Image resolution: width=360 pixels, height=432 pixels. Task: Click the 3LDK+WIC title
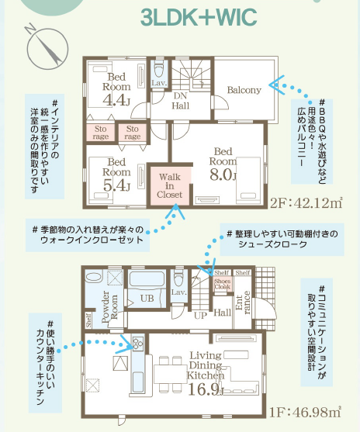click(x=199, y=17)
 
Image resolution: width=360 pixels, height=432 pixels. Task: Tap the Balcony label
click(x=244, y=90)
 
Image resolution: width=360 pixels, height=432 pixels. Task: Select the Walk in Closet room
click(x=170, y=185)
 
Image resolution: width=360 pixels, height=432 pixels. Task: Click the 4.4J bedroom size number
click(x=116, y=100)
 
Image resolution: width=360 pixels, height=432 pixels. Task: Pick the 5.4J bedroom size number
click(x=116, y=185)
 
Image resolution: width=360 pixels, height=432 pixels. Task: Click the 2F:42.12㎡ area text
click(x=306, y=203)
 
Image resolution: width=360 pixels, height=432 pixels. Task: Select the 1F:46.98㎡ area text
click(x=305, y=412)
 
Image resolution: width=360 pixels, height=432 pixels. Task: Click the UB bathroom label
click(x=147, y=299)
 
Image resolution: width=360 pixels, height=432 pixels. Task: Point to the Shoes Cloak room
click(x=223, y=284)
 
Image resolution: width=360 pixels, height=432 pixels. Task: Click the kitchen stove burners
click(x=138, y=344)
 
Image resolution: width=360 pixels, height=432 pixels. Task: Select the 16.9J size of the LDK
click(x=206, y=389)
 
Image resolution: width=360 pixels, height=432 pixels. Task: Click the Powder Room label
click(x=109, y=306)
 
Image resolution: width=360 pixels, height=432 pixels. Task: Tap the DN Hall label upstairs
click(x=181, y=101)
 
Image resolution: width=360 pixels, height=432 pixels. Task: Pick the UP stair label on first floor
click(x=200, y=316)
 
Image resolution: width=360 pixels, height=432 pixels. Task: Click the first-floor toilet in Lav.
click(x=178, y=278)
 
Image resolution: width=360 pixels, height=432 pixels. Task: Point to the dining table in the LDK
click(x=171, y=374)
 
